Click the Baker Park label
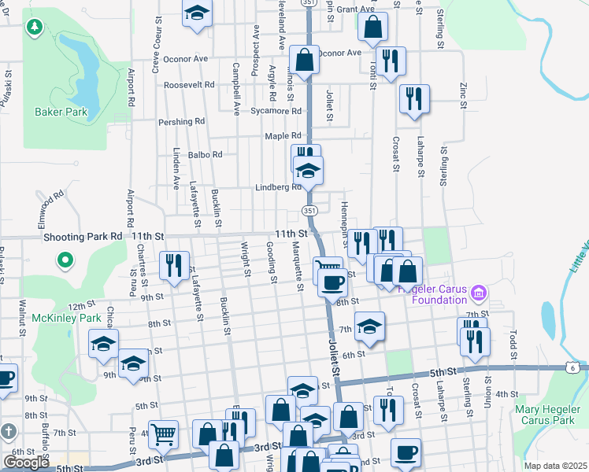61,112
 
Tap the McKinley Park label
67,319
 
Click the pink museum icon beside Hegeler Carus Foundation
476,294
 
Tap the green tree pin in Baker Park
34,28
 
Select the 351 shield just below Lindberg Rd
309,210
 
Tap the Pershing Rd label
181,122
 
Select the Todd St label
513,343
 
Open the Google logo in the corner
26,463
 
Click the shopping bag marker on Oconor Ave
304,60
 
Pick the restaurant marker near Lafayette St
173,265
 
